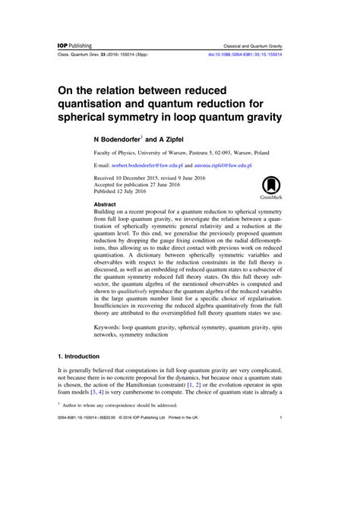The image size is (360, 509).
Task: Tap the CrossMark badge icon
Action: pos(270,185)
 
